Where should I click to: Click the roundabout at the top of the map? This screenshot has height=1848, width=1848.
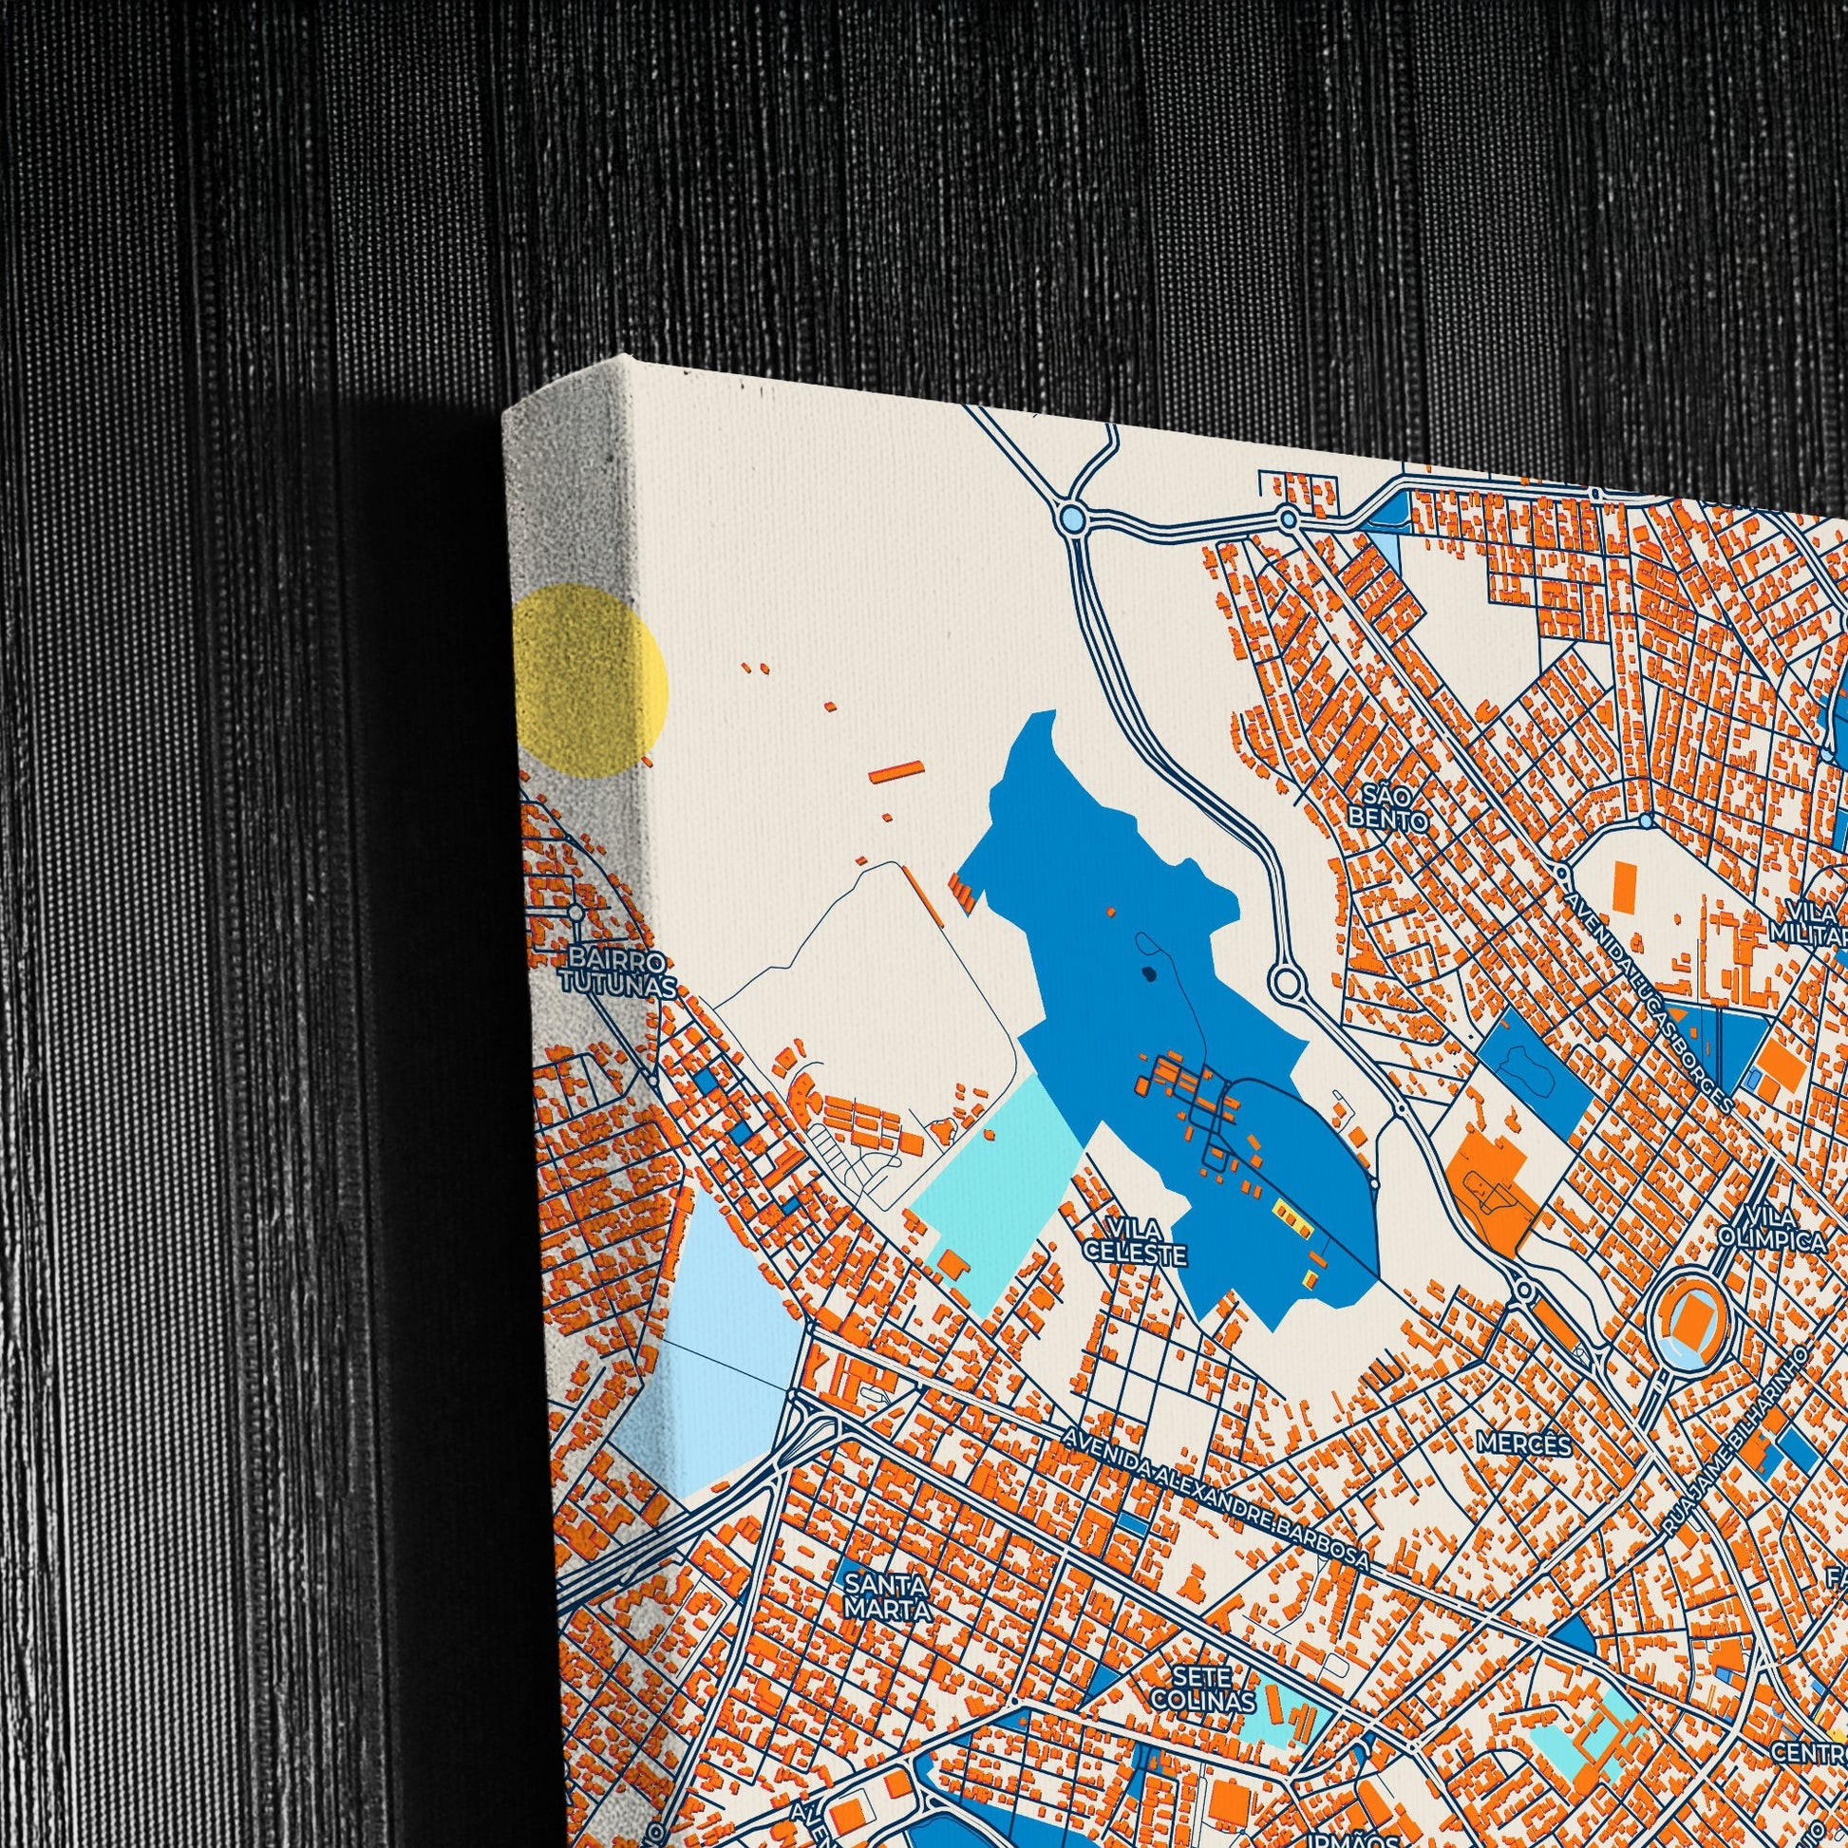tap(1072, 519)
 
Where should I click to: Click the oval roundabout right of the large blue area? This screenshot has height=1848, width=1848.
tap(1285, 980)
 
